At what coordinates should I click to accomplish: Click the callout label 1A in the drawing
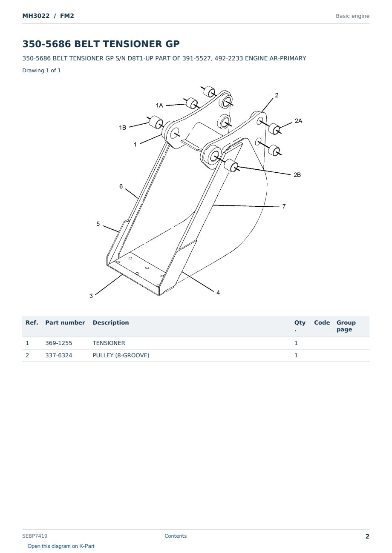click(x=159, y=105)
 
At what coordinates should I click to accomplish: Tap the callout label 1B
click(x=122, y=127)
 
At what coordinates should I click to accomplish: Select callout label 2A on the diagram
click(x=298, y=121)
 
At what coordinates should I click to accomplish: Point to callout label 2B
click(x=297, y=175)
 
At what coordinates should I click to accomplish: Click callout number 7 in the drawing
click(x=284, y=206)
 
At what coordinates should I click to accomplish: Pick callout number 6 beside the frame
click(x=121, y=186)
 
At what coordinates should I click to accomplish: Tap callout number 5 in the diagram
click(x=98, y=224)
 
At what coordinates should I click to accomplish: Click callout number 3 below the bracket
click(x=91, y=296)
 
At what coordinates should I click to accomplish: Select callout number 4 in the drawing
click(x=218, y=292)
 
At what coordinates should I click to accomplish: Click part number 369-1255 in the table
click(x=59, y=343)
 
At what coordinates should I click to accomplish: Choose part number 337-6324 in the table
click(x=59, y=355)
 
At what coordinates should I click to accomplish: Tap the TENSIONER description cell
click(x=109, y=343)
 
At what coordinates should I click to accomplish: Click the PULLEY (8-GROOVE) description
click(x=121, y=355)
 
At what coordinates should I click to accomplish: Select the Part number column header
click(x=65, y=322)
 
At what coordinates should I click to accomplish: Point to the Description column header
click(x=111, y=322)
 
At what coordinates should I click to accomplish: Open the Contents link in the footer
click(x=176, y=536)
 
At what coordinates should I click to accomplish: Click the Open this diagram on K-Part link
click(x=61, y=546)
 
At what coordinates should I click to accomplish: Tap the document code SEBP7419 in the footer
click(x=35, y=536)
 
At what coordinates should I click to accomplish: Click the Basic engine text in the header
click(x=352, y=16)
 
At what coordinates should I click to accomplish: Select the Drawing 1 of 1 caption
click(x=42, y=70)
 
